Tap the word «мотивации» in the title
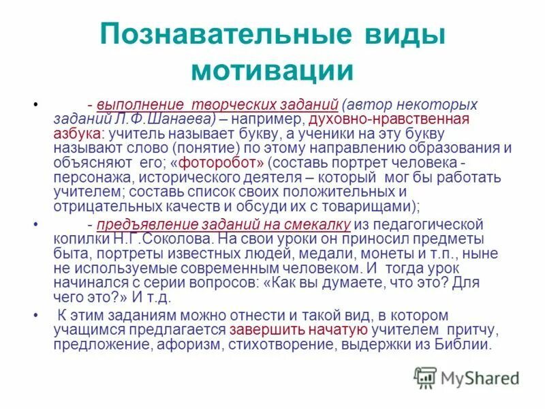[272, 70]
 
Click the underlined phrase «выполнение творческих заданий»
[217, 106]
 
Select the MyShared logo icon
[426, 377]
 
